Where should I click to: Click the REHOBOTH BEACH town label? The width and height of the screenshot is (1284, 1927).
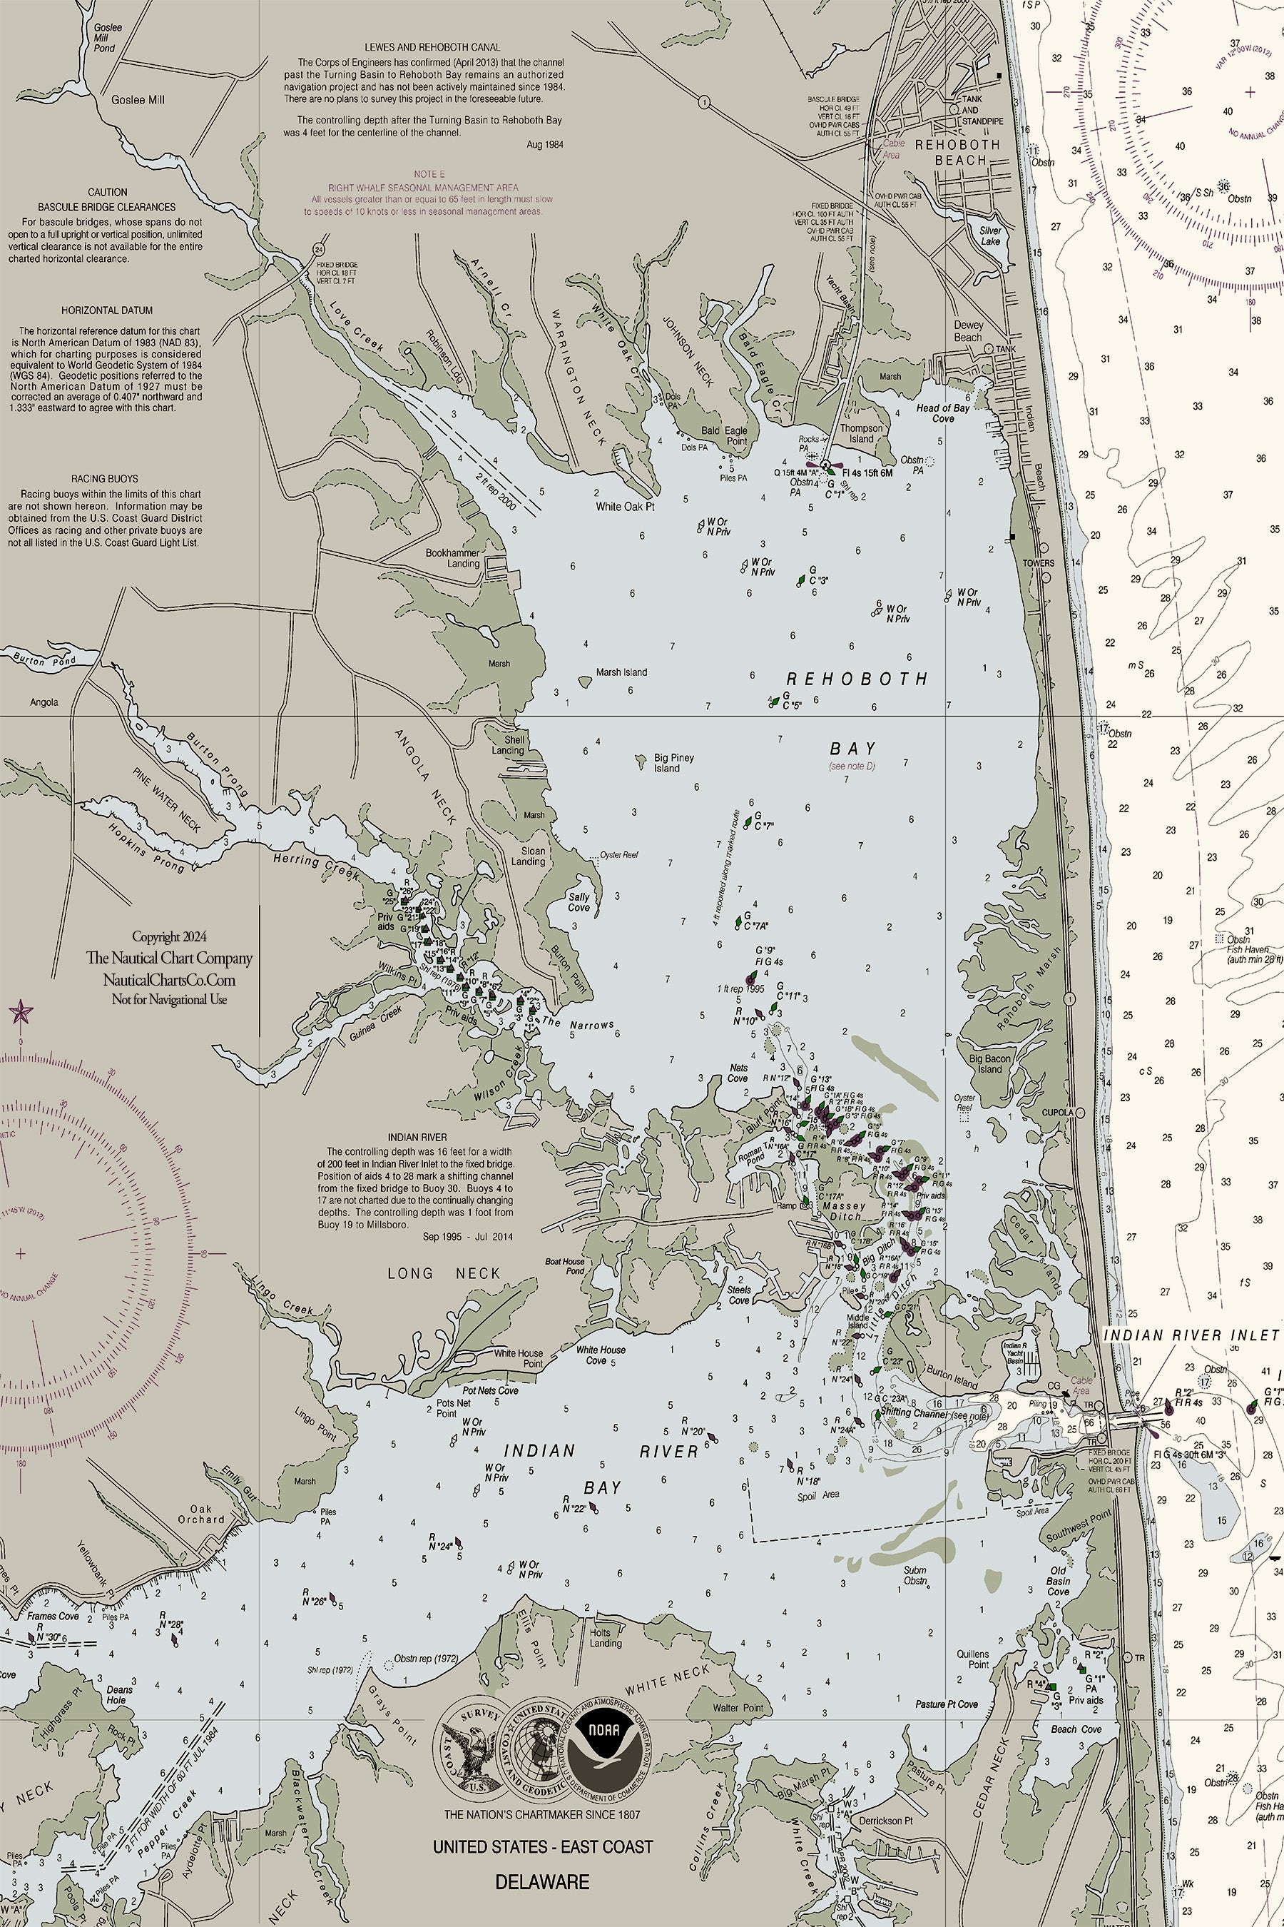pos(957,151)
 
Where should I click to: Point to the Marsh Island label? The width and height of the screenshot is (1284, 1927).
pos(621,672)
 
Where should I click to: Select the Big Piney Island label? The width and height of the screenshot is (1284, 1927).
pos(673,763)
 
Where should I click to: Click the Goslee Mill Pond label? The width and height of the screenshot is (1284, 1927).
pos(107,38)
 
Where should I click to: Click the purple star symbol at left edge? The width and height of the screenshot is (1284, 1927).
pos(20,1013)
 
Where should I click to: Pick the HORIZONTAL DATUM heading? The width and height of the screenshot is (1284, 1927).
pos(106,310)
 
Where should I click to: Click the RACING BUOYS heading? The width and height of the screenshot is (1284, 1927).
pos(105,477)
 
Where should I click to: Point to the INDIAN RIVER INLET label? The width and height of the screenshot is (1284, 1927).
pos(1190,1335)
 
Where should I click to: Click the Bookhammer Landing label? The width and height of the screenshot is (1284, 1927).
pos(452,558)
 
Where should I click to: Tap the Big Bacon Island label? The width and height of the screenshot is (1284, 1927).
pos(989,1063)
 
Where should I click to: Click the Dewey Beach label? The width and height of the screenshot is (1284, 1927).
pos(968,331)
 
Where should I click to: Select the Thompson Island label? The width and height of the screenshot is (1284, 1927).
pos(862,433)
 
